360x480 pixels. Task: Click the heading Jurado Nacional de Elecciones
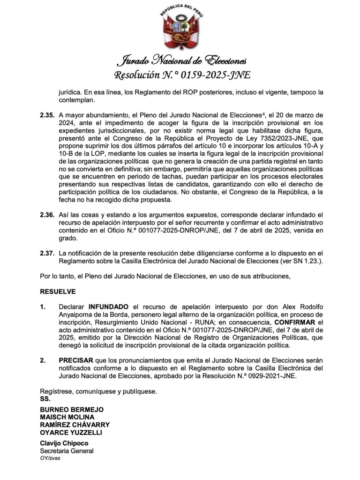pyautogui.click(x=181, y=60)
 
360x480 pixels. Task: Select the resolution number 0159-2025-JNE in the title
pyautogui.click(x=216, y=75)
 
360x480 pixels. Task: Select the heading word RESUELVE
pyautogui.click(x=58, y=292)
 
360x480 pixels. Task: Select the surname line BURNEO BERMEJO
pyautogui.click(x=72, y=410)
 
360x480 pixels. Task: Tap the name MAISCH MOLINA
pyautogui.click(x=67, y=417)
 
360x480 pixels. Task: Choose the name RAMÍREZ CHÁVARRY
pyautogui.click(x=75, y=425)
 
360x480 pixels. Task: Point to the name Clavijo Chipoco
pyautogui.click(x=64, y=443)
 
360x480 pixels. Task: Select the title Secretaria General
pyautogui.click(x=67, y=451)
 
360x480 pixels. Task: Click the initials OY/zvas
pyautogui.click(x=50, y=458)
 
